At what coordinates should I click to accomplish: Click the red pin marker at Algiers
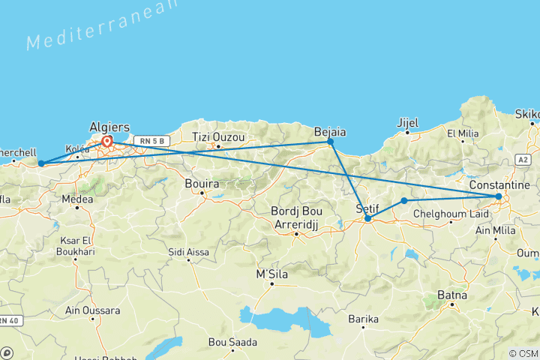[107, 141]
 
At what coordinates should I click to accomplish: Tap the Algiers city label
[109, 127]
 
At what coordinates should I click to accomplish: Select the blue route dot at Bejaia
[330, 141]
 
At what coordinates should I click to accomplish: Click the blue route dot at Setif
[367, 218]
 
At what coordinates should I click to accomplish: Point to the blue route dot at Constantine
[499, 196]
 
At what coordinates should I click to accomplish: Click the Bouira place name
[202, 182]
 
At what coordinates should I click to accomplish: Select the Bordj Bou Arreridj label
[296, 214]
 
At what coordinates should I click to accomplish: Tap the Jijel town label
[407, 121]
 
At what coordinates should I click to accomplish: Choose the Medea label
[78, 199]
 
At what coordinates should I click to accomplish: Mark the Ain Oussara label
[93, 310]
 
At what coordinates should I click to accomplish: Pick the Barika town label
[363, 319]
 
